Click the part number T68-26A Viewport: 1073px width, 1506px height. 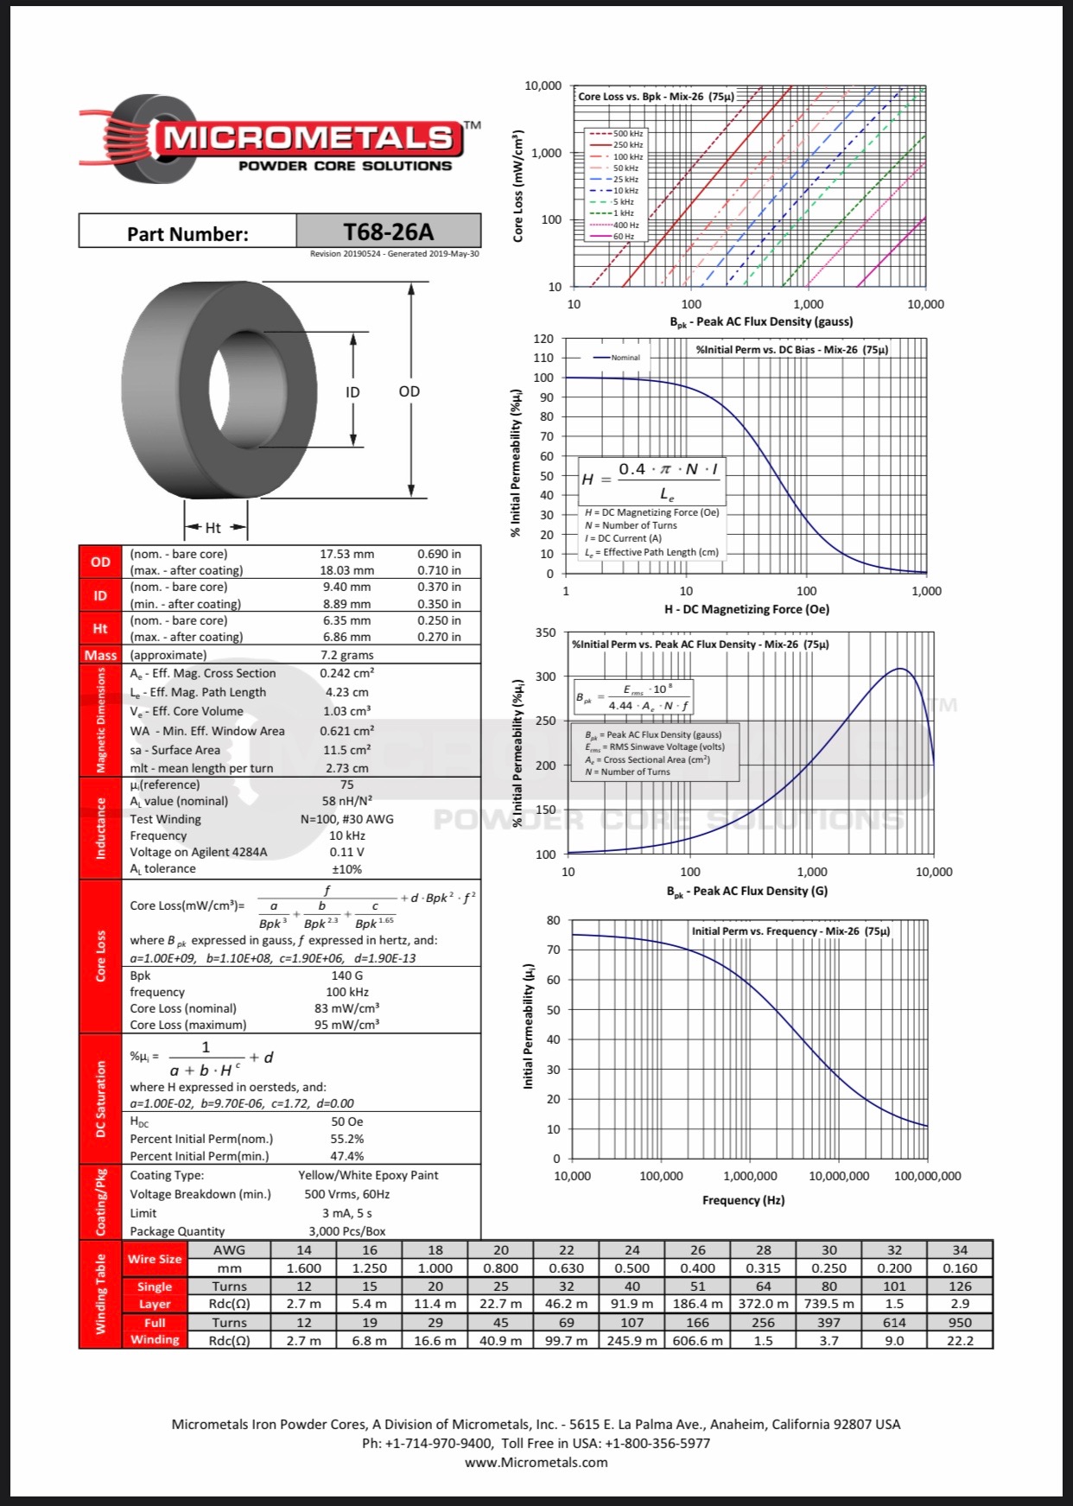(x=388, y=232)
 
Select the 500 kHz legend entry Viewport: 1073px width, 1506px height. (x=627, y=134)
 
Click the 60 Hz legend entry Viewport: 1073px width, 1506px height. (x=623, y=236)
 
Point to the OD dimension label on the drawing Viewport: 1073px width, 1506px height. (x=409, y=391)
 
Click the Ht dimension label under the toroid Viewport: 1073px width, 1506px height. (x=213, y=528)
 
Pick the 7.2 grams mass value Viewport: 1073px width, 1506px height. (x=346, y=655)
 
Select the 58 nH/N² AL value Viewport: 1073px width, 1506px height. (x=346, y=801)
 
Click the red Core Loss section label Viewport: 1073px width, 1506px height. (x=100, y=956)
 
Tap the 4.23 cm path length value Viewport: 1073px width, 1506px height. (x=346, y=692)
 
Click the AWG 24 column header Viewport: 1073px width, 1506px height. (x=632, y=1250)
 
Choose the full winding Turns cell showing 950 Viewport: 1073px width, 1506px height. (x=960, y=1323)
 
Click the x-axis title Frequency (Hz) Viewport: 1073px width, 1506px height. (x=743, y=1200)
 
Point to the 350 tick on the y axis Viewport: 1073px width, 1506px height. (x=546, y=632)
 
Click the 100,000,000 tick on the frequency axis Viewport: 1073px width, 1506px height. (x=928, y=1176)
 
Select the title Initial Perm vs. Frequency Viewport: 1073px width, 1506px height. (x=790, y=931)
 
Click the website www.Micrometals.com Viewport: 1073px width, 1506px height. (x=536, y=1463)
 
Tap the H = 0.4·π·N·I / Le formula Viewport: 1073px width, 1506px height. (x=651, y=480)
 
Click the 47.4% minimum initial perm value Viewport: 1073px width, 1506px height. (x=346, y=1156)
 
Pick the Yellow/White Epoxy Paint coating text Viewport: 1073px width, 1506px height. (x=368, y=1175)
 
